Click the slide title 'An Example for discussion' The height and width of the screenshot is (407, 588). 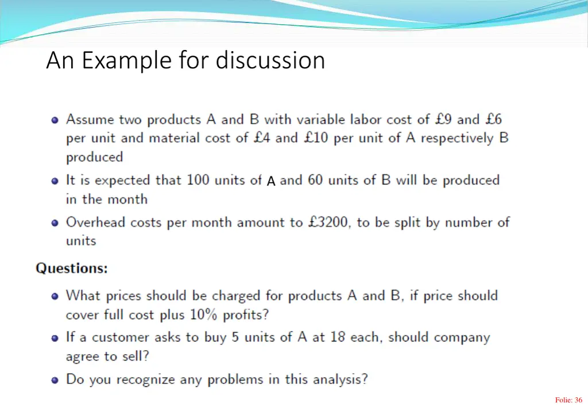coord(185,60)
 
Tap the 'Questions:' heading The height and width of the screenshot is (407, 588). coord(72,268)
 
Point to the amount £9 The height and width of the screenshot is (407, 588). coord(443,119)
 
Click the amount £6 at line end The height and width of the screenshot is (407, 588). coord(493,119)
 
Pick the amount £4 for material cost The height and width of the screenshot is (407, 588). coord(262,138)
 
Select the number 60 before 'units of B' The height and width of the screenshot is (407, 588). coord(315,180)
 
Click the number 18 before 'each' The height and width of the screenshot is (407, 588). coord(338,338)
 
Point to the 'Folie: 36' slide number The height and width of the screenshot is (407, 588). coord(568,400)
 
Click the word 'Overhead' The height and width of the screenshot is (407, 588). coord(94,222)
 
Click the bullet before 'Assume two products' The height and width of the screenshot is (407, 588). coord(55,121)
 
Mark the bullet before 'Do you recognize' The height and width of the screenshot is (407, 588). coord(55,380)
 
